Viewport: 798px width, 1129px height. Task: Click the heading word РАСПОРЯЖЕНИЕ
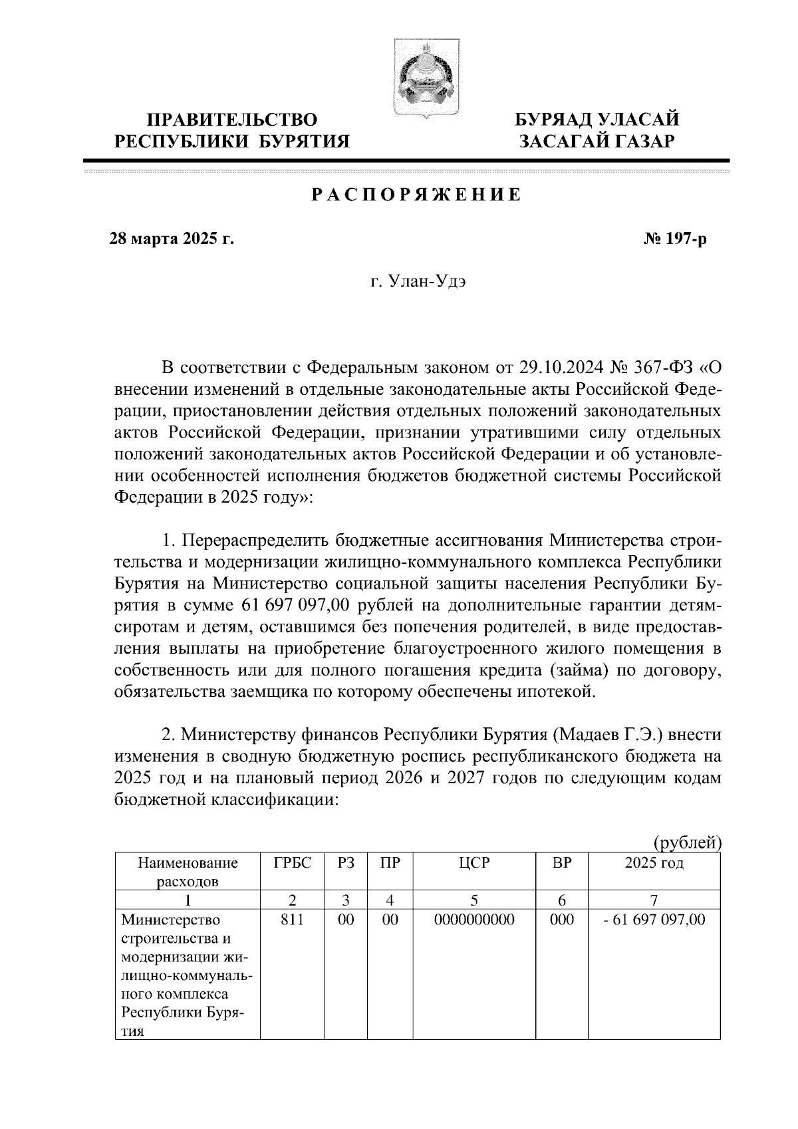point(416,195)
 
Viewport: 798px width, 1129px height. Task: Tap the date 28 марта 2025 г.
point(172,239)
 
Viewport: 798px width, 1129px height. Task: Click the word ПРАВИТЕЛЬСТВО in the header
point(232,120)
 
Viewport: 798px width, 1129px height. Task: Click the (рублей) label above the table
point(688,843)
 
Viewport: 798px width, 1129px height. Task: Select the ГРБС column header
point(291,864)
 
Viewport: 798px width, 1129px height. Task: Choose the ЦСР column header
point(473,864)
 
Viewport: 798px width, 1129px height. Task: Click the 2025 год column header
point(654,864)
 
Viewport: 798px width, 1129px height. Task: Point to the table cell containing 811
point(291,920)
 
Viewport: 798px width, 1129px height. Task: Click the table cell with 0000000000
point(473,920)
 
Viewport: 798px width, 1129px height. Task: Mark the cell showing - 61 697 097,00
point(654,920)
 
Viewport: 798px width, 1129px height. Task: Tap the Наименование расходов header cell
point(188,872)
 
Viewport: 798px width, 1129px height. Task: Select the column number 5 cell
point(473,901)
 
